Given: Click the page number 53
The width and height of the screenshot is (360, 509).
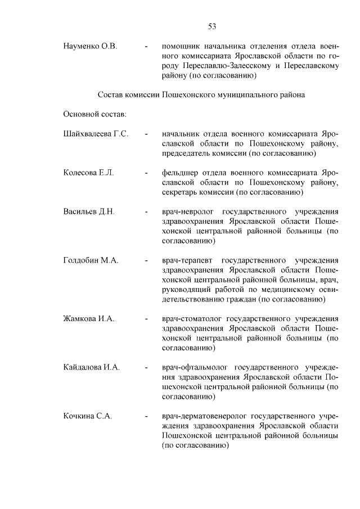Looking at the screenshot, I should coord(212,26).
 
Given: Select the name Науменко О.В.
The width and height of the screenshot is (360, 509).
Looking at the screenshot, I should coord(90,46).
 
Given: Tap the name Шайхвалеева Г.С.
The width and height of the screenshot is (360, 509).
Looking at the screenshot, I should coord(96,134).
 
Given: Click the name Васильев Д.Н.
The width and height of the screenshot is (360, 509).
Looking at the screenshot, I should coord(89,212).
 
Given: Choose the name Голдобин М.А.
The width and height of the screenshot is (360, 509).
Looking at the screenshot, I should coord(91,260).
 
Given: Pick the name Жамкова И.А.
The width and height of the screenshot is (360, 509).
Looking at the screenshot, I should coord(89,318).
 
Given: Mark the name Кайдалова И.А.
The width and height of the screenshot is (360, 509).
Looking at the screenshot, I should coord(92,367).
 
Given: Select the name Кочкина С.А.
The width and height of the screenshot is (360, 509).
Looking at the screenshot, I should coord(88,416).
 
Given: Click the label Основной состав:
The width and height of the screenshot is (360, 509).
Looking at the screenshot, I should coord(94,114).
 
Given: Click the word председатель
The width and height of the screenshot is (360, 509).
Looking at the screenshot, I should coord(188,154).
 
